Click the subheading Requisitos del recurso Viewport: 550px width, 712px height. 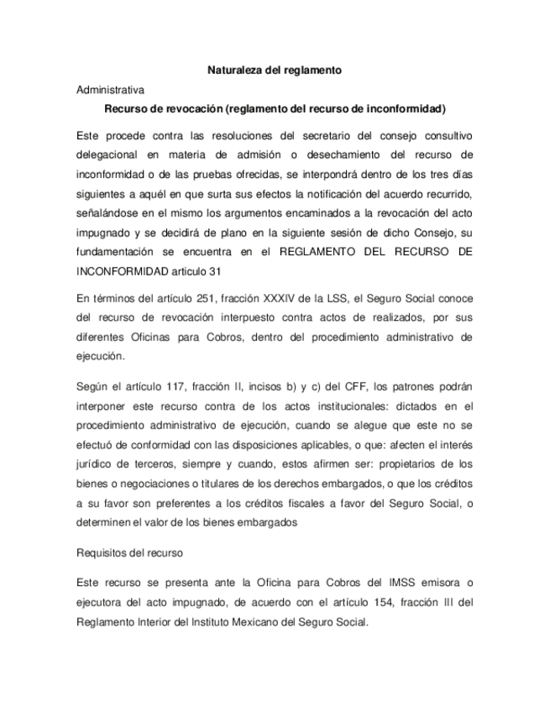pos(129,554)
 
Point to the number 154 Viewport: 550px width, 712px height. pos(361,603)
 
